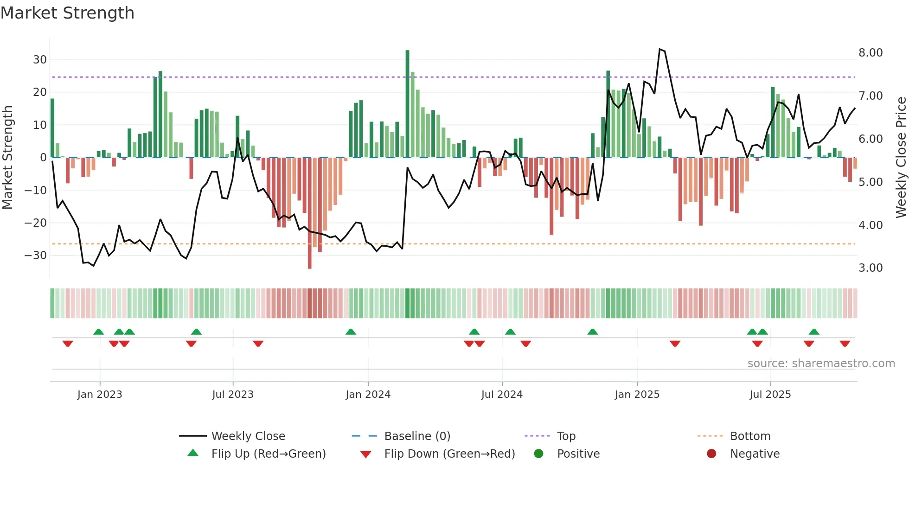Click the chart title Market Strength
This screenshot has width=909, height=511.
pyautogui.click(x=67, y=13)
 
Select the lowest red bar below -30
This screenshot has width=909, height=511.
pyautogui.click(x=309, y=213)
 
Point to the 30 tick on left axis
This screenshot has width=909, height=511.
pyautogui.click(x=40, y=59)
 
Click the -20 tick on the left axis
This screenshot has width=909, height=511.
pyautogui.click(x=36, y=223)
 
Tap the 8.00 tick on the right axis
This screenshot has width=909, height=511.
pyautogui.click(x=870, y=52)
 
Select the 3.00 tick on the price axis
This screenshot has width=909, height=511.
pyautogui.click(x=870, y=268)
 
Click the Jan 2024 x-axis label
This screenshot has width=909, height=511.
pyautogui.click(x=368, y=395)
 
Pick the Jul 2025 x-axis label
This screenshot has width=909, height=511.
pyautogui.click(x=770, y=395)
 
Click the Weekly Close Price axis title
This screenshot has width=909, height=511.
pyautogui.click(x=901, y=158)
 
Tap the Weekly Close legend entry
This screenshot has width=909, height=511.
pyautogui.click(x=248, y=436)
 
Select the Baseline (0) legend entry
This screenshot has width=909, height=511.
pyautogui.click(x=417, y=436)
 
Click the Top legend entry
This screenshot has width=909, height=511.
pyautogui.click(x=566, y=436)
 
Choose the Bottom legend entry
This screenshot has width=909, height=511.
pyautogui.click(x=750, y=436)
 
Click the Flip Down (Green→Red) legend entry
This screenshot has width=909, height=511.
pyautogui.click(x=449, y=454)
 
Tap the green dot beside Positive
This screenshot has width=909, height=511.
pyautogui.click(x=538, y=454)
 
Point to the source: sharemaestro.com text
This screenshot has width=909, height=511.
pyautogui.click(x=821, y=364)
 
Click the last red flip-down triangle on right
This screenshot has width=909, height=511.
pyautogui.click(x=845, y=344)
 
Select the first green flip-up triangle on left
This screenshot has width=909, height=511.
pyautogui.click(x=98, y=332)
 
